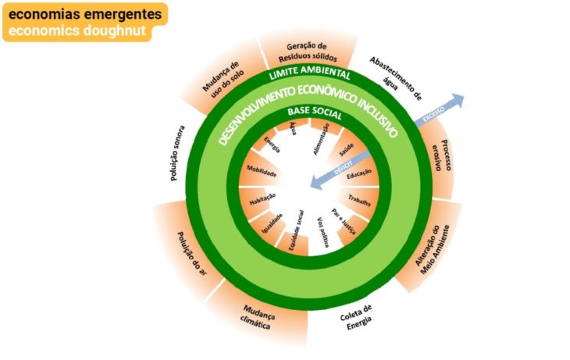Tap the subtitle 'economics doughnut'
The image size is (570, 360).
pyautogui.click(x=76, y=31)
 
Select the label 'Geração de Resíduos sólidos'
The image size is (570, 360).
pyautogui.click(x=307, y=51)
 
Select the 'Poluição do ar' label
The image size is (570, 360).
pyautogui.click(x=190, y=255)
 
